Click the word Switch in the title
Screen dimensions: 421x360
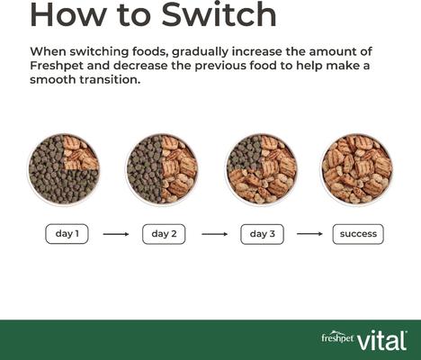219,14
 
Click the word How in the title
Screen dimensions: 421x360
67,14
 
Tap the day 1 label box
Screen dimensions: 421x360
67,234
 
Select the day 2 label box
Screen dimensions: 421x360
164,234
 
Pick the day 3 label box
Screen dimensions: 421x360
262,234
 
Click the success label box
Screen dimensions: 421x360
358,234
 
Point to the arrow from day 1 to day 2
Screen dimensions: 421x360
116,234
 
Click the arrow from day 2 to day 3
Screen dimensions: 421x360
215,234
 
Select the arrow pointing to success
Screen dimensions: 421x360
309,234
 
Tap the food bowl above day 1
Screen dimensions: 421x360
64,169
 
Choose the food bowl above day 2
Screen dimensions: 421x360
162,169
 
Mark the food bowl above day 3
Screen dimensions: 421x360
261,169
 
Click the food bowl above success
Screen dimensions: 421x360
357,169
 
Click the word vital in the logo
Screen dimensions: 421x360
382,340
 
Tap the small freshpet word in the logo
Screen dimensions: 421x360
337,337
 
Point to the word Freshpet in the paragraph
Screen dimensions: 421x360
57,66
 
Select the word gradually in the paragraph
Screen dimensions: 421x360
200,52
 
